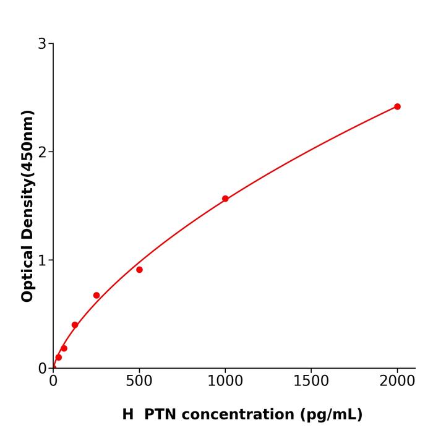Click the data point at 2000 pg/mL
click(x=397, y=106)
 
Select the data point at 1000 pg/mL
click(x=225, y=199)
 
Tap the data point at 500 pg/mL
click(x=139, y=270)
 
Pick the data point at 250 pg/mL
click(x=96, y=295)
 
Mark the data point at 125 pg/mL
click(x=75, y=325)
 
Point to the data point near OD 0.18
click(x=64, y=348)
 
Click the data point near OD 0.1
click(x=59, y=357)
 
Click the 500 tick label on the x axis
click(x=139, y=381)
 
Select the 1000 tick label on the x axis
click(x=225, y=381)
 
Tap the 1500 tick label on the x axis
click(x=311, y=381)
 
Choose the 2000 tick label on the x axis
click(x=397, y=381)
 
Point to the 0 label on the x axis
click(x=53, y=381)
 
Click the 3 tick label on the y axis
click(x=42, y=44)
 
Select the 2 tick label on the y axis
click(x=42, y=152)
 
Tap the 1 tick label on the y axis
click(x=42, y=260)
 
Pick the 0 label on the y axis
click(x=42, y=369)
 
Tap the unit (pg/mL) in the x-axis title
click(x=332, y=415)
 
